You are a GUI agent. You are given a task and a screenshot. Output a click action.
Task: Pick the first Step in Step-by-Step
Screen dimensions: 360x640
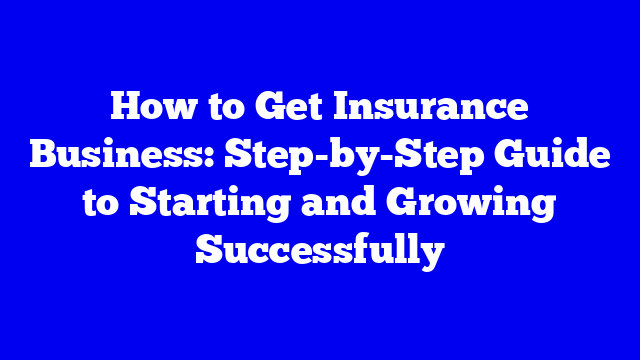(267, 155)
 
